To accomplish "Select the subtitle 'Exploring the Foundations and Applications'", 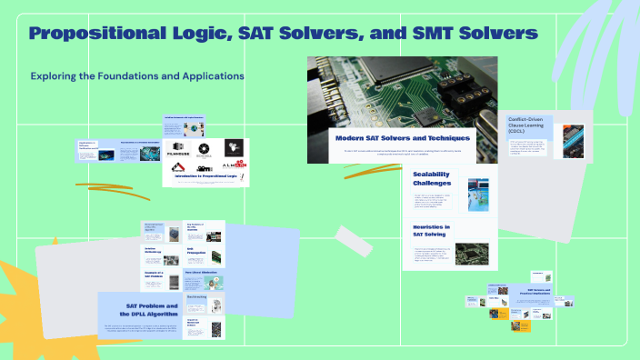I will click(137, 75).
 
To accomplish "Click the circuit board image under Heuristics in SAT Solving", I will click(473, 252).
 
